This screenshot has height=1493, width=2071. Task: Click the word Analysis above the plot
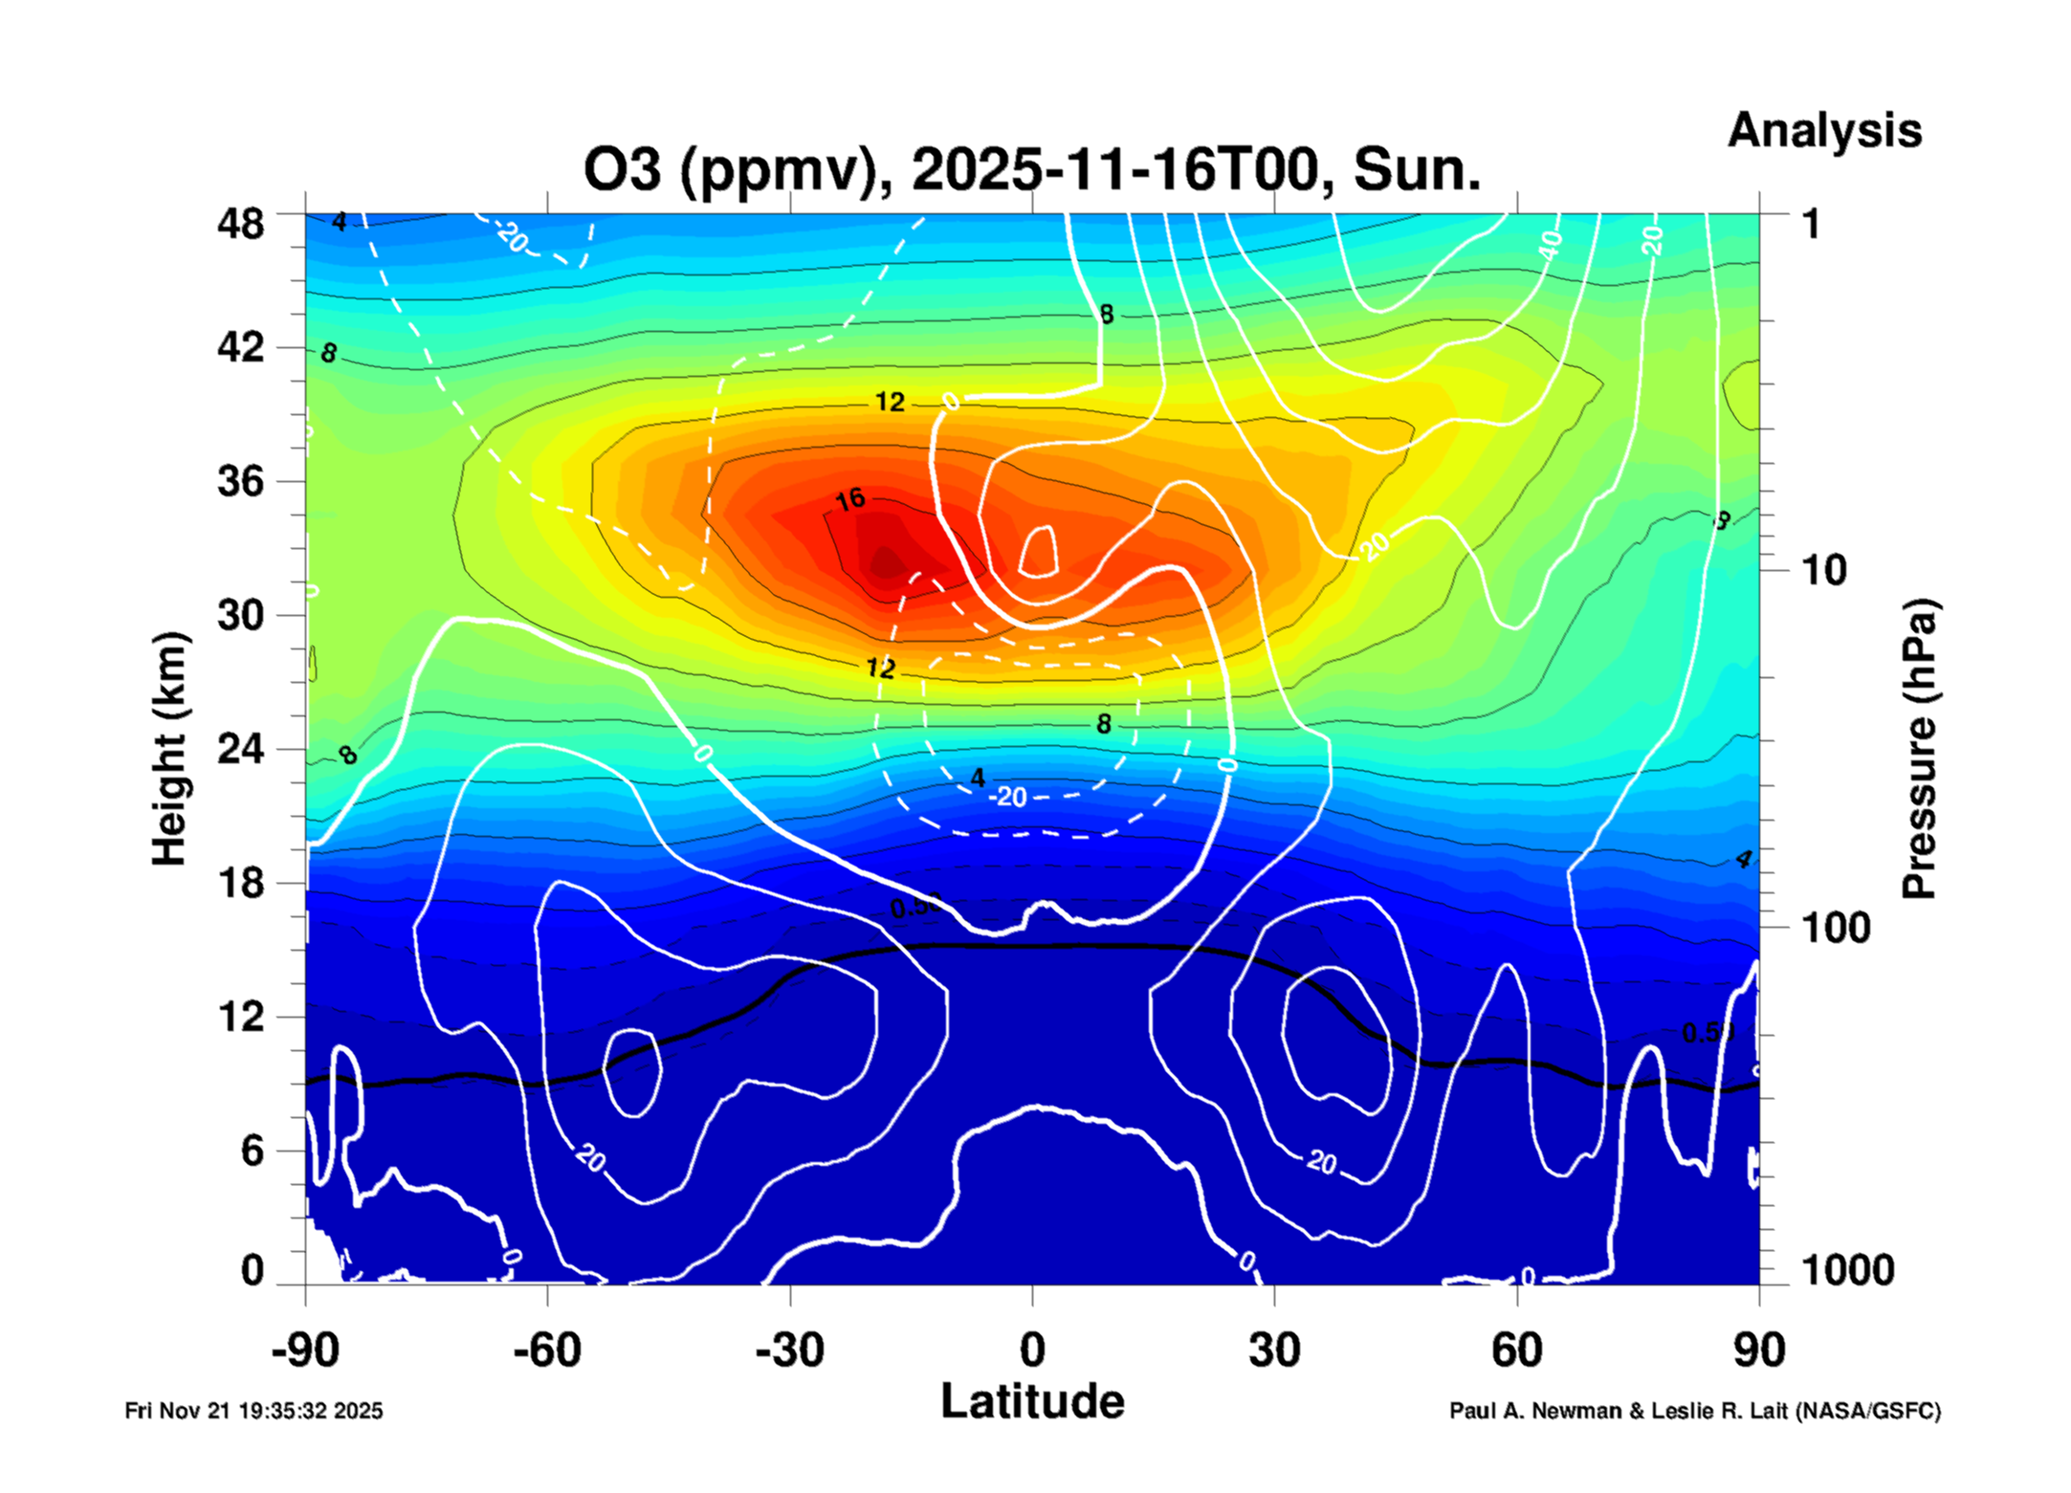click(1823, 130)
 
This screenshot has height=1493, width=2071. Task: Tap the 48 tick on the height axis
click(240, 224)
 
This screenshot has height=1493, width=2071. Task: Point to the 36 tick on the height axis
click(240, 480)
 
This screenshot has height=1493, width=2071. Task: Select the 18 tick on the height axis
click(240, 882)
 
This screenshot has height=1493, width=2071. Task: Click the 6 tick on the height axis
click(252, 1151)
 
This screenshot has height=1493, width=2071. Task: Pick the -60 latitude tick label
click(546, 1350)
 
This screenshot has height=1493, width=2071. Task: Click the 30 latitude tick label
click(1274, 1350)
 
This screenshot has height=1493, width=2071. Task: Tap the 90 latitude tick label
click(1758, 1350)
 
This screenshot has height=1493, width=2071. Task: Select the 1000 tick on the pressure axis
click(1847, 1270)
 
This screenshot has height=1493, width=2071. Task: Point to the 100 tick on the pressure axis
click(1836, 928)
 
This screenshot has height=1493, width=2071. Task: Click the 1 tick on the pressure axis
click(1811, 224)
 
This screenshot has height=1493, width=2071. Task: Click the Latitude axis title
click(1032, 1401)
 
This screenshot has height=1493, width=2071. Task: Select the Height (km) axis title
click(169, 749)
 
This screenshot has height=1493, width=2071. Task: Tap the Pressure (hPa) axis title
click(1918, 749)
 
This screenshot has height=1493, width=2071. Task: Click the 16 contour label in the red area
click(849, 499)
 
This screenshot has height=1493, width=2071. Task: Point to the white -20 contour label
click(1009, 797)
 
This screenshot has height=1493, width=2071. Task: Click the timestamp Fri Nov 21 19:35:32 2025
click(253, 1411)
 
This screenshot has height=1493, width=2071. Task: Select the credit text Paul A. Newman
click(1536, 1411)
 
